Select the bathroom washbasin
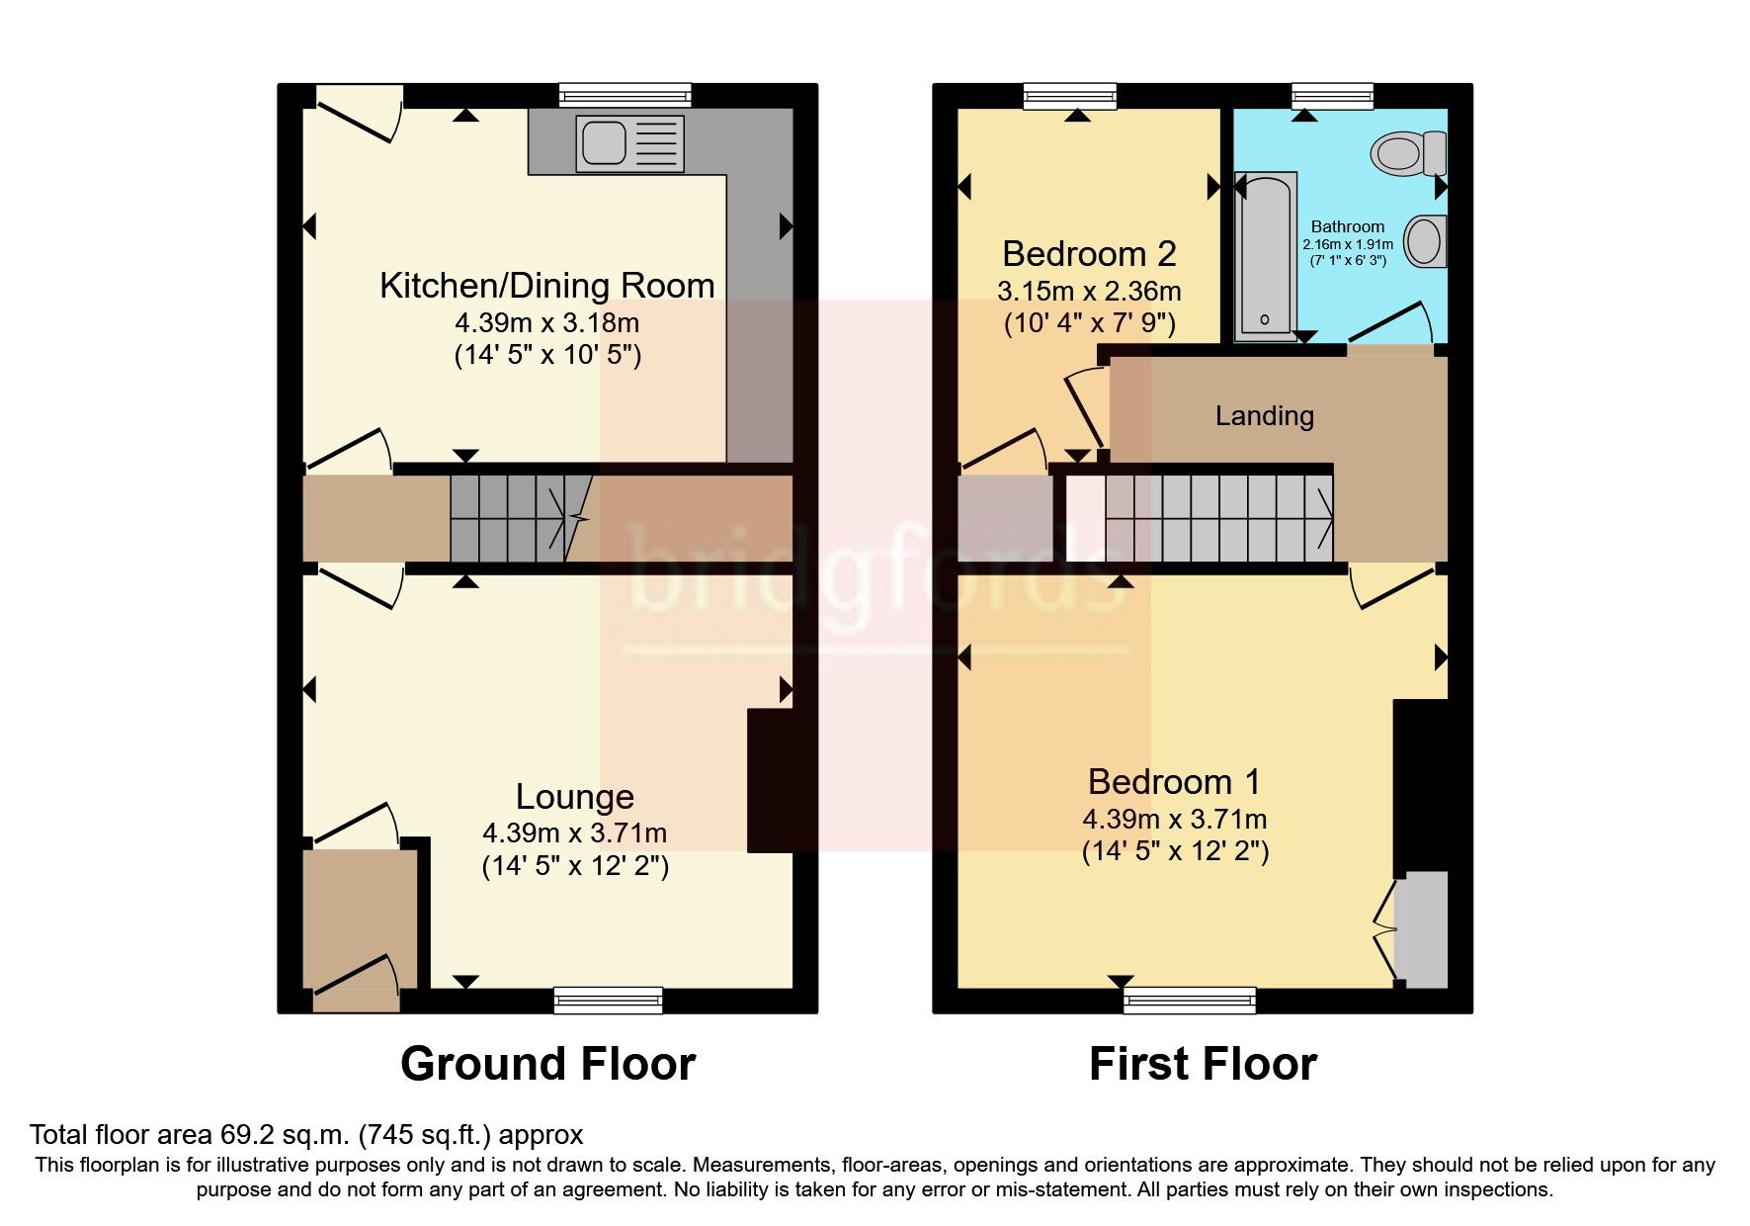pos(1427,240)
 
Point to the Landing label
pos(1264,415)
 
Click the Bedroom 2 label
pos(1088,254)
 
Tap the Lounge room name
pos(574,797)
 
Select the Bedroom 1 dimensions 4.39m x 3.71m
pos(1174,820)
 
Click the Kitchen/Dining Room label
pos(546,286)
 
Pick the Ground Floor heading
pos(547,1064)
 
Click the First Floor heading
pos(1202,1064)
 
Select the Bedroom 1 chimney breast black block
pos(1420,786)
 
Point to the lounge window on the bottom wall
pos(608,1000)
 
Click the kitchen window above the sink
pos(624,95)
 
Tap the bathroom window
pos(1333,95)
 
